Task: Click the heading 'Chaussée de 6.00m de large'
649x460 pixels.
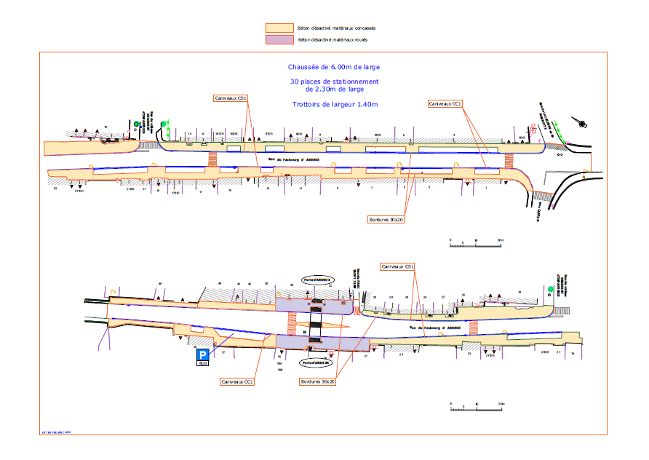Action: coord(324,67)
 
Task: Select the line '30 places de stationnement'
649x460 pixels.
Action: coord(324,81)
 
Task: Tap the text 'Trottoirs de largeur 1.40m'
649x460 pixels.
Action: coord(324,105)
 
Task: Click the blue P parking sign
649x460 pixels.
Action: coord(203,354)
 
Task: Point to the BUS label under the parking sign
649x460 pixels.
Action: coord(203,363)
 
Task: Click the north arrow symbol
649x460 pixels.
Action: coord(580,120)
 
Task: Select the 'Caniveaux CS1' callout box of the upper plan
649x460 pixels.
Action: coord(231,98)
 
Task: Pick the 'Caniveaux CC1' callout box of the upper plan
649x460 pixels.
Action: coord(446,104)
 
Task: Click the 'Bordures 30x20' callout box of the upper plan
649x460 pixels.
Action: coord(386,218)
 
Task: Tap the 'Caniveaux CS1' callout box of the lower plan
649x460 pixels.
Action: coord(397,267)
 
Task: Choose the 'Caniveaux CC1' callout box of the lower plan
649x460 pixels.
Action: coord(238,381)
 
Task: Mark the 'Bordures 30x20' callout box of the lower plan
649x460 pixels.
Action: coord(317,381)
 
